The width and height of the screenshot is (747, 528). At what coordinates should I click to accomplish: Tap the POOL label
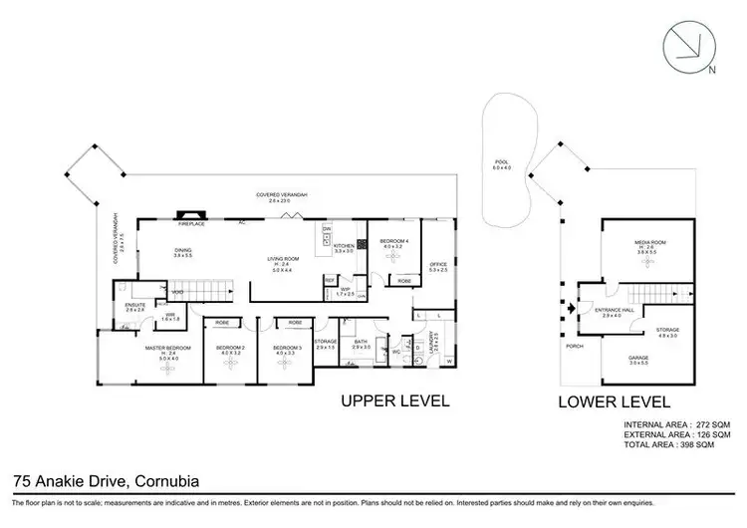click(x=501, y=163)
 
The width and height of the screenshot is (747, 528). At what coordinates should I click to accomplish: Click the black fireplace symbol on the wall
click(x=189, y=213)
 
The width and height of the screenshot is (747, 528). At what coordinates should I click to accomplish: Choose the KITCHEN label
click(x=344, y=245)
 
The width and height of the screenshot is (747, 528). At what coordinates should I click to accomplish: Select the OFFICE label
click(x=438, y=263)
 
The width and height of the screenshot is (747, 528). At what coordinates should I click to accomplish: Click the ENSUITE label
click(x=134, y=306)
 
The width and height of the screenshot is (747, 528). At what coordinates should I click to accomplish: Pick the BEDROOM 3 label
click(x=286, y=347)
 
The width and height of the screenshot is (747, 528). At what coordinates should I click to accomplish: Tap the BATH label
click(x=361, y=342)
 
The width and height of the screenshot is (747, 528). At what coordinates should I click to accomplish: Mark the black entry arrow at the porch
click(x=570, y=309)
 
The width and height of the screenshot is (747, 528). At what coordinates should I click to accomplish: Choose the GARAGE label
click(x=637, y=358)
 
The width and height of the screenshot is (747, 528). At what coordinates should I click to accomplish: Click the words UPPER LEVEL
click(x=395, y=401)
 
